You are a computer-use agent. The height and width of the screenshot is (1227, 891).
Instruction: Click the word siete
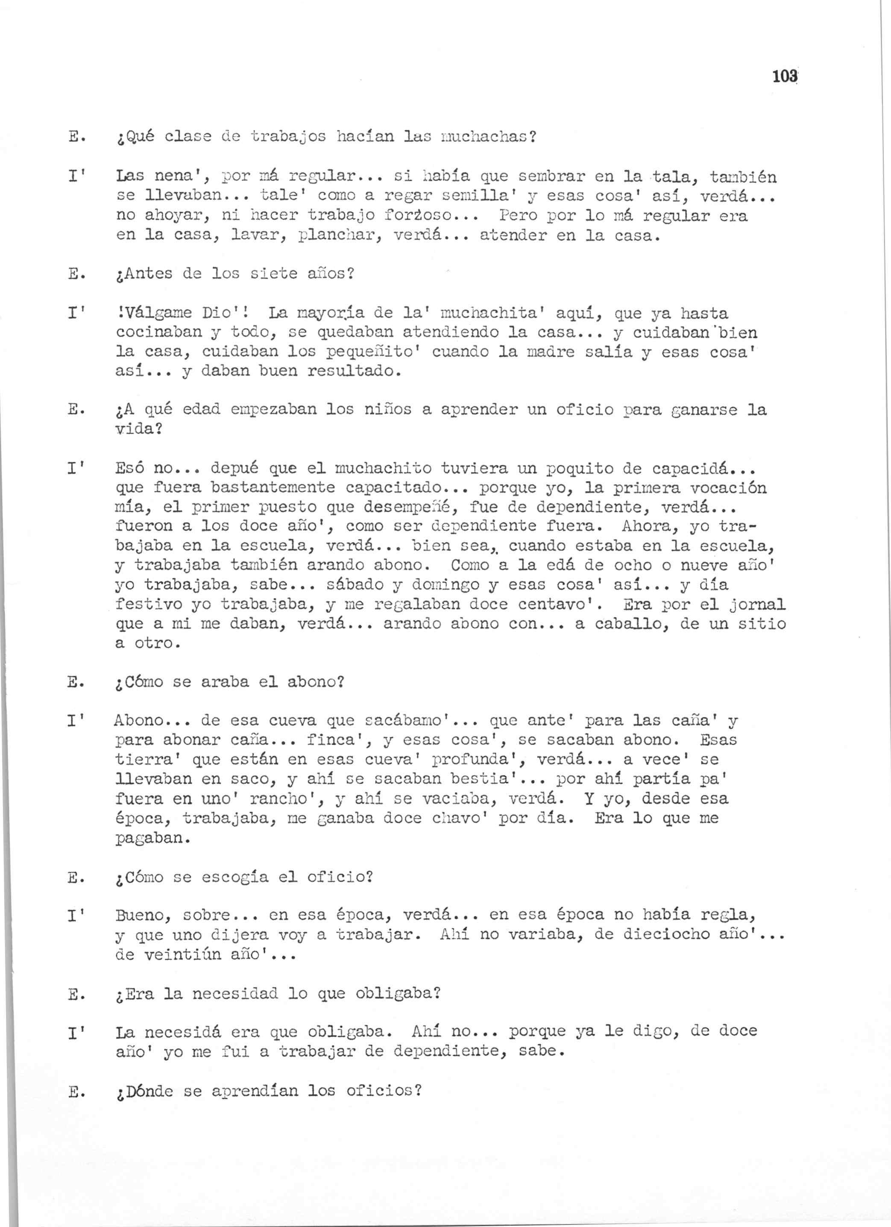[x=274, y=274]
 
